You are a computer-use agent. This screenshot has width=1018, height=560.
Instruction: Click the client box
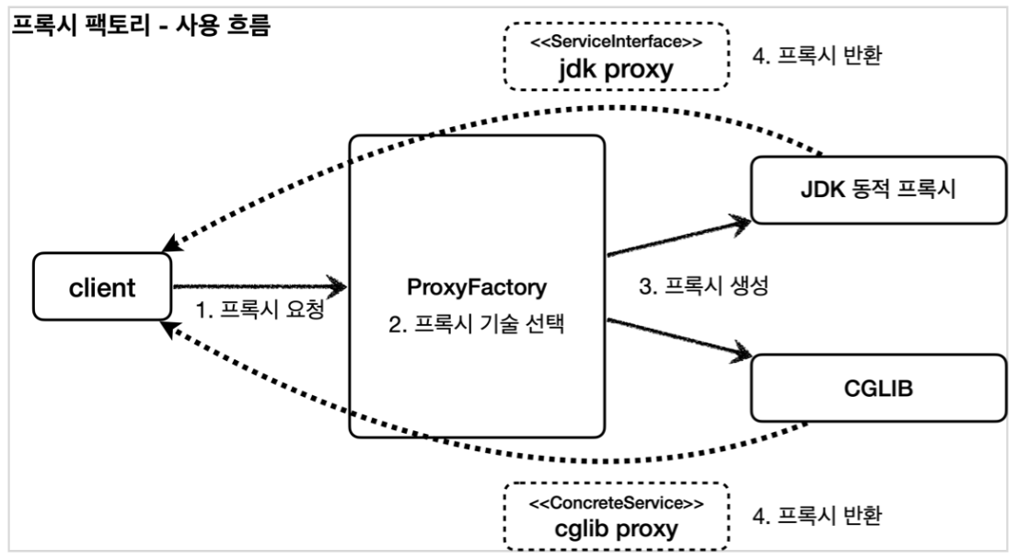pyautogui.click(x=102, y=287)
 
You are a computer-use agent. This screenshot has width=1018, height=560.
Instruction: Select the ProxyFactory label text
pyautogui.click(x=476, y=287)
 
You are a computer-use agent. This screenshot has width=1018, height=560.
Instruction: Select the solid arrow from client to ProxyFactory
pyautogui.click(x=258, y=286)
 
